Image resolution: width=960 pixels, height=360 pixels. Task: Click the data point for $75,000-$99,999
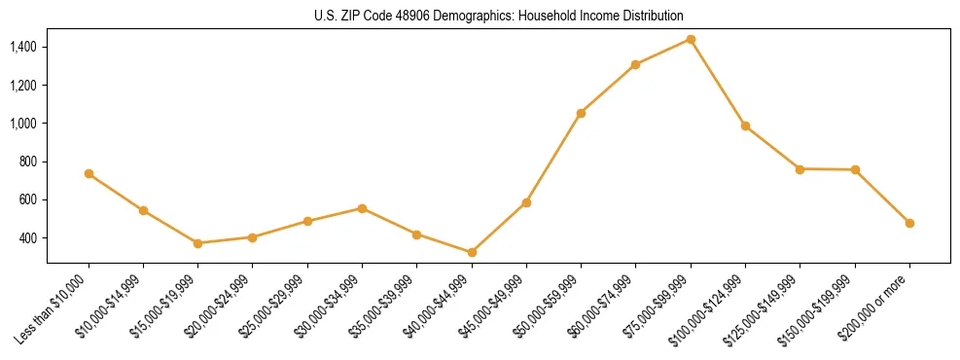[691, 39]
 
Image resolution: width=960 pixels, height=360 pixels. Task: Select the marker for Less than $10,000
[89, 173]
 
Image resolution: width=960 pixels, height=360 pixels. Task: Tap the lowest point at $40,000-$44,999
[472, 252]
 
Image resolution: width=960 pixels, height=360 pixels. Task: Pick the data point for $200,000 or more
[909, 223]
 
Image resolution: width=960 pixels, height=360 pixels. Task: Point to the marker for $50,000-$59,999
[581, 113]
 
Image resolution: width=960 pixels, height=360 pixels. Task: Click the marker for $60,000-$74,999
[635, 64]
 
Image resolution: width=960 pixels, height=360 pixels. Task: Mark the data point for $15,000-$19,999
[197, 243]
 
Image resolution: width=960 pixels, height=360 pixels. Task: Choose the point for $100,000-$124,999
[745, 126]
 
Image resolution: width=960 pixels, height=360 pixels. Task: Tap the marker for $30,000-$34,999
[362, 208]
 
